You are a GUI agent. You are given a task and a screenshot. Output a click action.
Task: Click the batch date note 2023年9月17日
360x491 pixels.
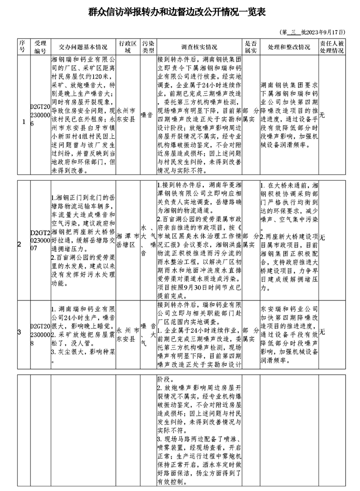tap(313, 32)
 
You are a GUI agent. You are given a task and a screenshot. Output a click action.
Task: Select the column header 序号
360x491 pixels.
tap(22, 46)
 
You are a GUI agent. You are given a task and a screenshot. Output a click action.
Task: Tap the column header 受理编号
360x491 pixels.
tap(40, 47)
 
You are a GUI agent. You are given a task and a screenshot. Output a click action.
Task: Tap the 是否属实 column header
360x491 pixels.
tap(251, 47)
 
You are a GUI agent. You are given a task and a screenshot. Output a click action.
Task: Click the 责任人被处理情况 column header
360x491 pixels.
tap(332, 47)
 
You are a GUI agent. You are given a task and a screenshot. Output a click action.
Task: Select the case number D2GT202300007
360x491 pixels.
tap(40, 240)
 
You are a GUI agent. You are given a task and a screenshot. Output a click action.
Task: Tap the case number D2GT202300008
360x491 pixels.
tap(40, 331)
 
